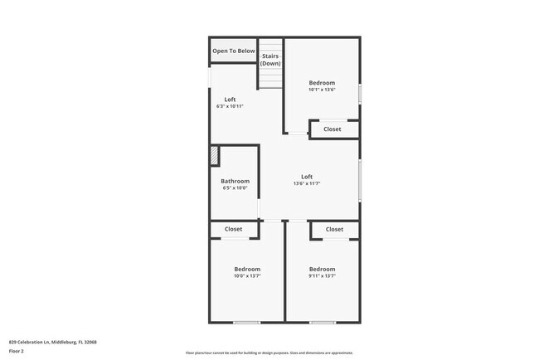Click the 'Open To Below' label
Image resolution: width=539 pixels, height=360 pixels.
pyautogui.click(x=233, y=51)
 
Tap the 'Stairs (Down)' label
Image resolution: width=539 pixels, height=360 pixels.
pyautogui.click(x=270, y=60)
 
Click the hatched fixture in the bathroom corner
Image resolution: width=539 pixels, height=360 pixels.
pyautogui.click(x=214, y=156)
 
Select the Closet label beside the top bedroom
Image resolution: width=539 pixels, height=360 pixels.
pyautogui.click(x=333, y=129)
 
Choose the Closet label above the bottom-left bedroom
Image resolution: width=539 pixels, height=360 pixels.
pyautogui.click(x=233, y=229)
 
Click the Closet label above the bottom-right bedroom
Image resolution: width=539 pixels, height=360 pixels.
pyautogui.click(x=334, y=229)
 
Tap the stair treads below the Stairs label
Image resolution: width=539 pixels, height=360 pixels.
pyautogui.click(x=270, y=80)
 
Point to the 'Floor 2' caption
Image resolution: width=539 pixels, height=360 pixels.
pyautogui.click(x=17, y=352)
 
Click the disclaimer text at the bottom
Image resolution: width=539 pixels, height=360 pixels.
pyautogui.click(x=269, y=353)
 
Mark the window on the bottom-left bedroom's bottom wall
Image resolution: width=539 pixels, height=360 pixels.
pyautogui.click(x=246, y=322)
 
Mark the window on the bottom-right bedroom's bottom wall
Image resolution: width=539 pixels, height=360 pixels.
pyautogui.click(x=322, y=322)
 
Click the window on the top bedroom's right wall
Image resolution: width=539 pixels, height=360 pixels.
pyautogui.click(x=360, y=93)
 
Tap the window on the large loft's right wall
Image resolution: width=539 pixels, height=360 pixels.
pyautogui.click(x=360, y=181)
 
